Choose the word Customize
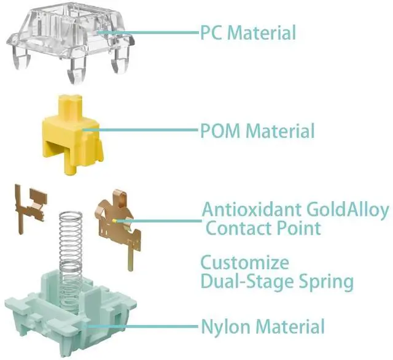(245, 264)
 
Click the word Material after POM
(280, 131)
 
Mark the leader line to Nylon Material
(154, 326)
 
